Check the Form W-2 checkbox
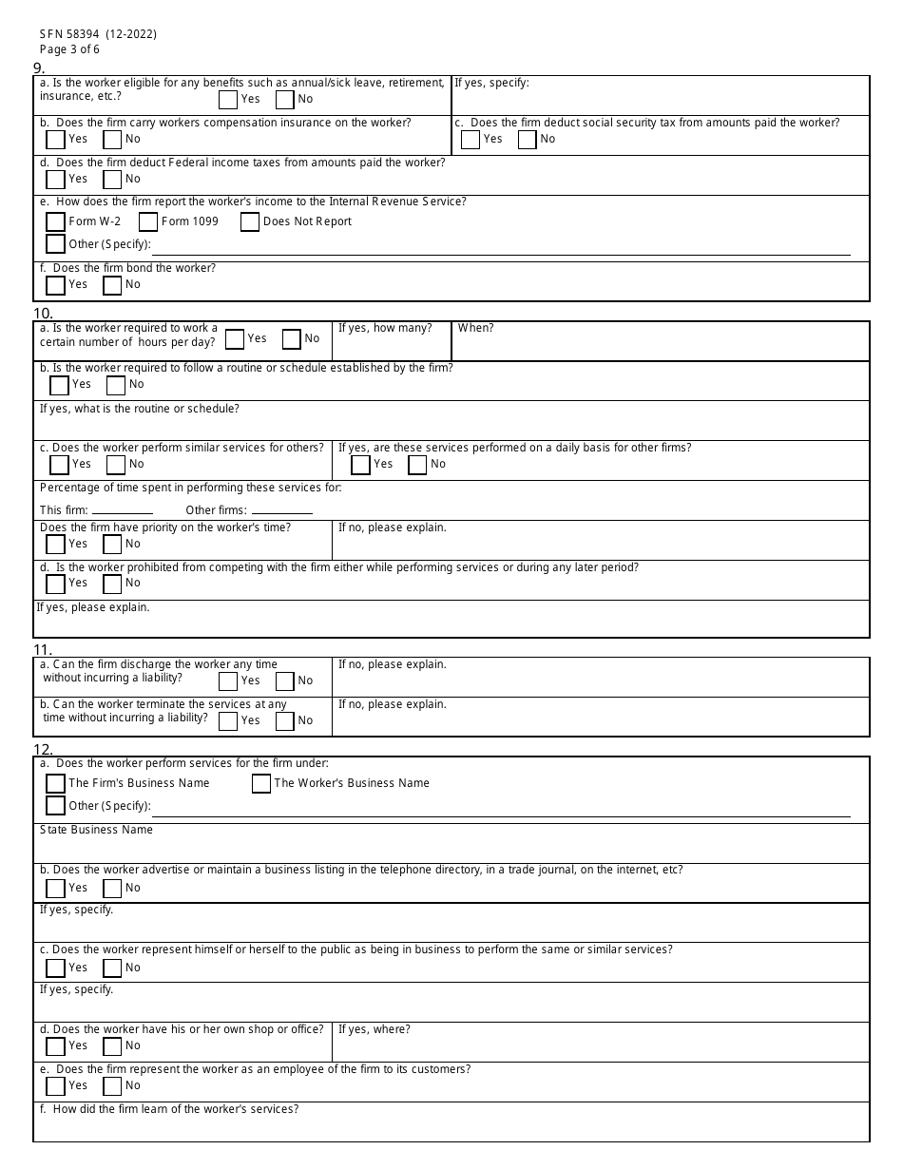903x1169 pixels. point(55,221)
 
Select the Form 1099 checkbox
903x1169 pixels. point(148,221)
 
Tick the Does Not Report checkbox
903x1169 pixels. point(250,221)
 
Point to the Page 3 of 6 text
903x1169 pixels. point(69,49)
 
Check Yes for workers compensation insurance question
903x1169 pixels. point(55,140)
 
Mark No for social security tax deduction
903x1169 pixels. point(528,140)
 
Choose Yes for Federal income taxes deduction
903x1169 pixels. point(55,180)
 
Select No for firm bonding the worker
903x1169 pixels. point(112,285)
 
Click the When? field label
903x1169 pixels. point(475,328)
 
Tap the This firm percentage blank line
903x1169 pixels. point(122,511)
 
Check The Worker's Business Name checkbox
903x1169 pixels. point(261,784)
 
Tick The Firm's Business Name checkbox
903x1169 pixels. point(55,784)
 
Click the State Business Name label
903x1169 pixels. point(96,830)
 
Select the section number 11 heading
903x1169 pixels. point(42,650)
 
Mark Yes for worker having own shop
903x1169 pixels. point(55,1046)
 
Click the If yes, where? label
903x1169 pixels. point(375,1029)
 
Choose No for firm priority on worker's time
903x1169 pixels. point(112,545)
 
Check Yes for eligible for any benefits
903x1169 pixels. point(228,100)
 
